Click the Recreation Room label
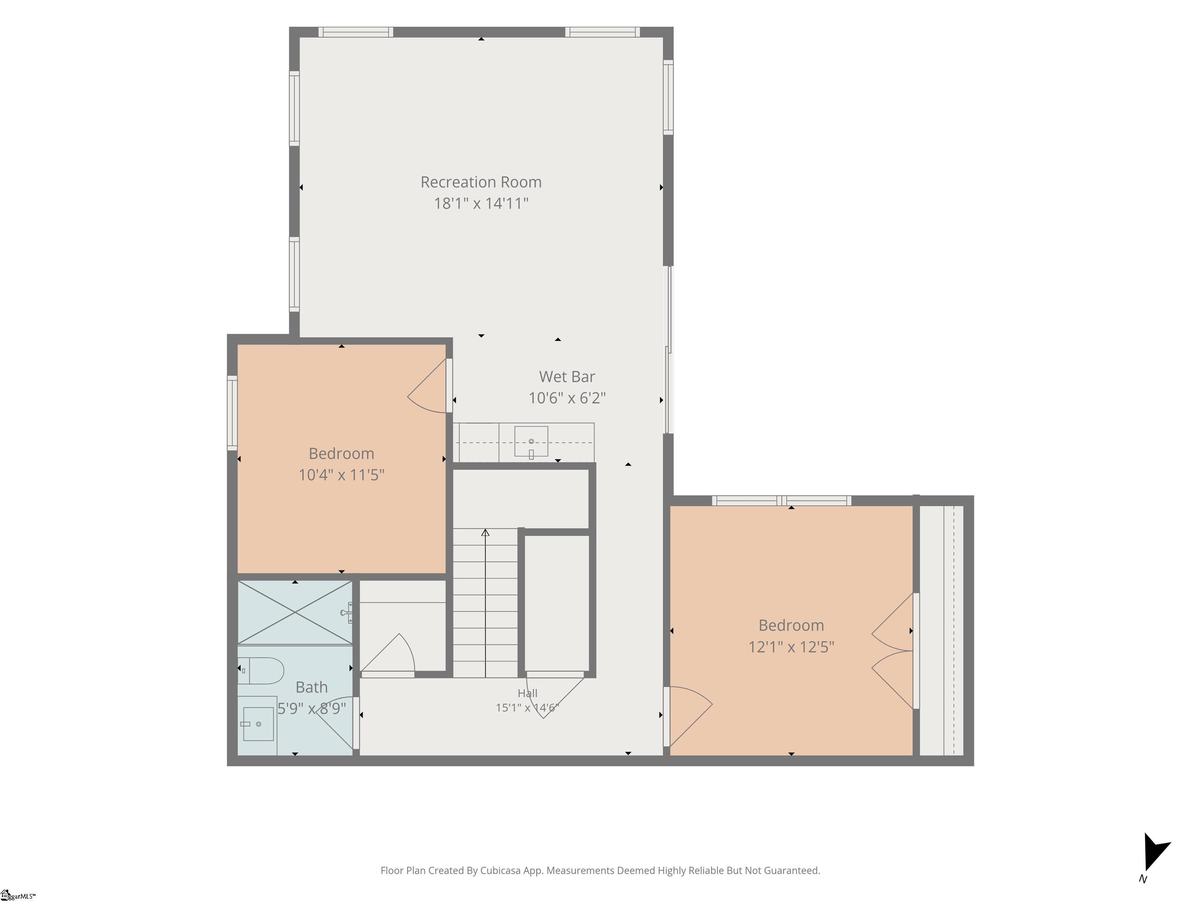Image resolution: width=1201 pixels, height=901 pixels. pyautogui.click(x=481, y=182)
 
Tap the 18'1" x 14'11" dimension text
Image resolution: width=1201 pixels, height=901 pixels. pyautogui.click(x=481, y=203)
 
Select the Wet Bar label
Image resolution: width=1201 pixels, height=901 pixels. pyautogui.click(x=567, y=376)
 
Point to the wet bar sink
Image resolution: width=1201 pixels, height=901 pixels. pyautogui.click(x=531, y=442)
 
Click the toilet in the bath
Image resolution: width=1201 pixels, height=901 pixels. pyautogui.click(x=261, y=671)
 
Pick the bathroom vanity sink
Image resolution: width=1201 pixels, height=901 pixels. pyautogui.click(x=258, y=724)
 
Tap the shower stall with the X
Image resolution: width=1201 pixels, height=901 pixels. pyautogui.click(x=295, y=613)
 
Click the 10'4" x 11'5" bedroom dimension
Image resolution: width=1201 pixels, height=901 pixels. pyautogui.click(x=342, y=475)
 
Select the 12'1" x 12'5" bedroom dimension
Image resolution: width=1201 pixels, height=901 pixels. pyautogui.click(x=791, y=647)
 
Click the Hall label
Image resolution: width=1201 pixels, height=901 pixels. pyautogui.click(x=527, y=693)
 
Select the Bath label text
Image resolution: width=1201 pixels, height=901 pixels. pyautogui.click(x=312, y=687)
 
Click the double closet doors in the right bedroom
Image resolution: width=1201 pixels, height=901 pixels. pyautogui.click(x=894, y=651)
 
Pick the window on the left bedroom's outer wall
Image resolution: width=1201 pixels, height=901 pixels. pyautogui.click(x=232, y=413)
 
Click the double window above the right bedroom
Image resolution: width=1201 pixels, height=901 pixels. pyautogui.click(x=781, y=501)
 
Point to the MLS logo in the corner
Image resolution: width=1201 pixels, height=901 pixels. pyautogui.click(x=17, y=895)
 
